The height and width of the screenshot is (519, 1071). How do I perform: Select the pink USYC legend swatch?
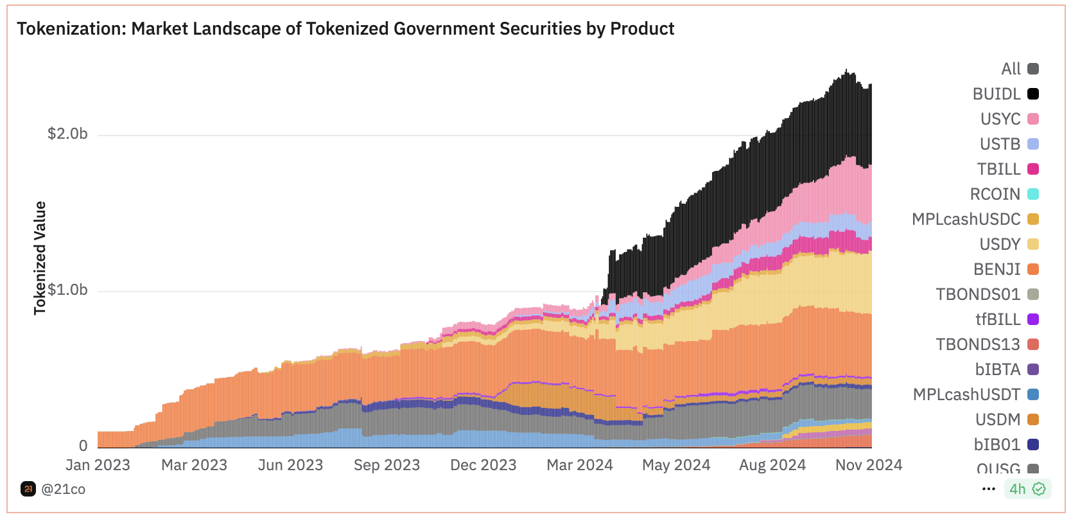[1033, 119]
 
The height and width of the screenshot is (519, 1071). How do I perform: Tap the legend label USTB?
[1000, 144]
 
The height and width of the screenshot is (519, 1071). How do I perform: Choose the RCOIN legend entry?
[995, 194]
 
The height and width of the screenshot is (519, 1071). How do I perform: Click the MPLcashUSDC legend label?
[966, 219]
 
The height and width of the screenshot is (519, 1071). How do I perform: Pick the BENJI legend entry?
[997, 269]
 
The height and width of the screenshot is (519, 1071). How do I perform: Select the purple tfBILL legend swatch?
[1033, 319]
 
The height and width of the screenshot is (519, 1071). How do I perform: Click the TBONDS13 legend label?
[977, 344]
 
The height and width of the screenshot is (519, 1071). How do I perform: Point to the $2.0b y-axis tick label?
[67, 134]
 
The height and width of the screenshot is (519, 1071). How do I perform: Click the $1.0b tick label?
[67, 290]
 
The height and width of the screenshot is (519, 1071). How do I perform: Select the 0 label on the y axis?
[83, 445]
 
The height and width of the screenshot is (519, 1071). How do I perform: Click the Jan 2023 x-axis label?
[98, 465]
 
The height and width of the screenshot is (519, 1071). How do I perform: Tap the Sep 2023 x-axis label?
[387, 465]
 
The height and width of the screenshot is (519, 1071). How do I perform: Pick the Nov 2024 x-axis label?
[868, 465]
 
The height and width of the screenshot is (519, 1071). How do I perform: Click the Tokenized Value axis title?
[40, 258]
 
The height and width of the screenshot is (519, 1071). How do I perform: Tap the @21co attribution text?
[63, 489]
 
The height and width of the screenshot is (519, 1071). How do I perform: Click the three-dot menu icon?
[988, 489]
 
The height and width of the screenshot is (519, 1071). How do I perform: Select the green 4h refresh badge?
[1027, 489]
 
